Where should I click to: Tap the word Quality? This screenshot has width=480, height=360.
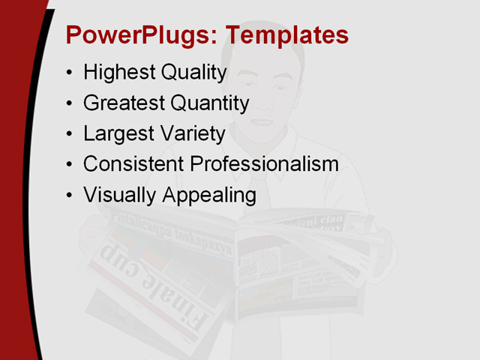click(191, 73)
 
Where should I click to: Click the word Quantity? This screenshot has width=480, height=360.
click(208, 103)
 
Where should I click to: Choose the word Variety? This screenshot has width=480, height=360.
click(189, 133)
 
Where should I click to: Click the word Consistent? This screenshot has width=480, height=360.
click(133, 163)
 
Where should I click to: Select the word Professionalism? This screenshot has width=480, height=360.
click(264, 163)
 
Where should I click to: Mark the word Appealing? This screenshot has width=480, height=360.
click(209, 195)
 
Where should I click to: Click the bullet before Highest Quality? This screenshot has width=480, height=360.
click(70, 73)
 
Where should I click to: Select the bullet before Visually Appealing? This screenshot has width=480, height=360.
click(70, 196)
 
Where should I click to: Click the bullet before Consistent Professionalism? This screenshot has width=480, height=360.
click(70, 165)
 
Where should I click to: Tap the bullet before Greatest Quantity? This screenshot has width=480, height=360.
click(70, 104)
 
